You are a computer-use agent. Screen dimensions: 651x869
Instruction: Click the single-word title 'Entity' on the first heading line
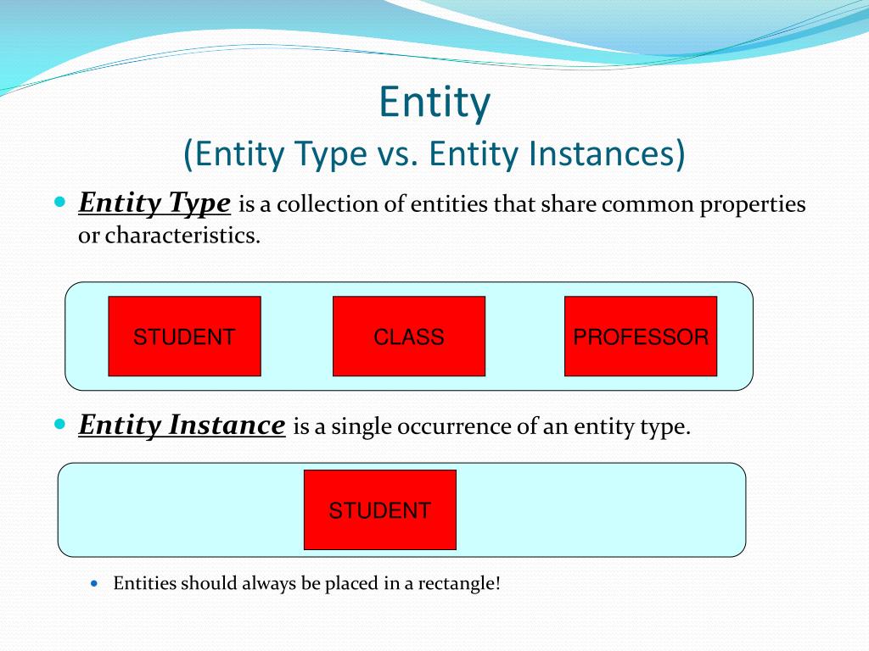pyautogui.click(x=434, y=103)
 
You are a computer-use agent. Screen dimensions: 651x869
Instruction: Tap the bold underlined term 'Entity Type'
pyautogui.click(x=154, y=203)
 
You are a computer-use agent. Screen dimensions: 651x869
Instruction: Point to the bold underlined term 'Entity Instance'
pyautogui.click(x=182, y=425)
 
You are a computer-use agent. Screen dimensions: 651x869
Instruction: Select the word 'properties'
pyautogui.click(x=752, y=205)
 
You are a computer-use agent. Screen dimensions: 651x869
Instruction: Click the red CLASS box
pyautogui.click(x=409, y=337)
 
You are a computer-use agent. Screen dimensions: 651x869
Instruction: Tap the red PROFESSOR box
pyautogui.click(x=641, y=337)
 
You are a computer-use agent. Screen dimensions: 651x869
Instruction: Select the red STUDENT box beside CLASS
pyautogui.click(x=184, y=337)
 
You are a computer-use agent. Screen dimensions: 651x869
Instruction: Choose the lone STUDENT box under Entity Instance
pyautogui.click(x=380, y=510)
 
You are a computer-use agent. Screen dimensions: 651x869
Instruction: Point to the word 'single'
pyautogui.click(x=360, y=426)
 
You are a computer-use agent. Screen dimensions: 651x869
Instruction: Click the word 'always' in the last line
pyautogui.click(x=270, y=583)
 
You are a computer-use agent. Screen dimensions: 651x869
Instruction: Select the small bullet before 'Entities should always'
pyautogui.click(x=95, y=583)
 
